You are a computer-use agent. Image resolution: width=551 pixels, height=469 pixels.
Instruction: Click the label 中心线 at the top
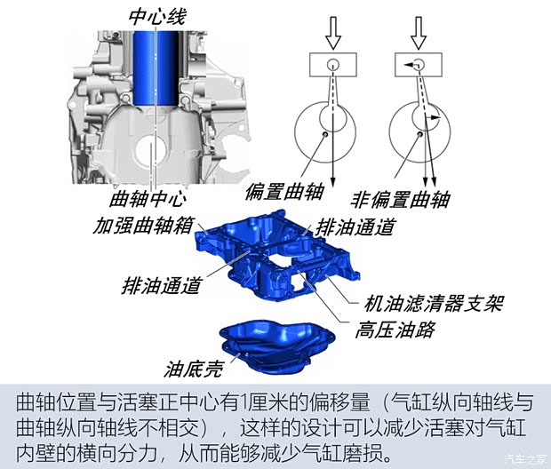pyautogui.click(x=157, y=17)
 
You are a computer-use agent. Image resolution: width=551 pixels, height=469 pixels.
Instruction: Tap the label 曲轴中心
pyautogui.click(x=148, y=198)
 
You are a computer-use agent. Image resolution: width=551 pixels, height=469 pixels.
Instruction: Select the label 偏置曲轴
pyautogui.click(x=284, y=192)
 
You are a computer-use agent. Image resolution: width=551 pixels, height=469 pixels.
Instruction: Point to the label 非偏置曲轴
pyautogui.click(x=400, y=200)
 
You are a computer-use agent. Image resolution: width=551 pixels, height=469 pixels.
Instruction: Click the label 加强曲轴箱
pyautogui.click(x=143, y=226)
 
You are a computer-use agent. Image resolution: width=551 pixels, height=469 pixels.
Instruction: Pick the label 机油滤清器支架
pyautogui.click(x=434, y=304)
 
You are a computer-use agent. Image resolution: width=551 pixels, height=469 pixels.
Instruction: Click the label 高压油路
pyautogui.click(x=395, y=330)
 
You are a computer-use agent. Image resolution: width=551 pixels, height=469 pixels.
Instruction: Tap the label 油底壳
pyautogui.click(x=193, y=369)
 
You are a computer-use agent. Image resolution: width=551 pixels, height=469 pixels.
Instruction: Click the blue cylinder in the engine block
pyautogui.click(x=156, y=68)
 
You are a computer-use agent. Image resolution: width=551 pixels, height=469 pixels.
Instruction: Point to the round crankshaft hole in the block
pyautogui.click(x=151, y=150)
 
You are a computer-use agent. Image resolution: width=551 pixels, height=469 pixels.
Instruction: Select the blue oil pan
pyautogui.click(x=277, y=346)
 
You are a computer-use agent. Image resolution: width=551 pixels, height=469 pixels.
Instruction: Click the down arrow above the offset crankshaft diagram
pyautogui.click(x=332, y=33)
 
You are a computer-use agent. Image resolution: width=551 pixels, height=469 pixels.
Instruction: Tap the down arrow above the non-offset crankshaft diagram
pyautogui.click(x=419, y=33)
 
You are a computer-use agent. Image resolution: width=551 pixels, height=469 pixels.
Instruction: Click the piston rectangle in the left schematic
pyautogui.click(x=332, y=65)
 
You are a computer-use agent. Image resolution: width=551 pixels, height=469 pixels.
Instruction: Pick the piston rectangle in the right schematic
pyautogui.click(x=419, y=65)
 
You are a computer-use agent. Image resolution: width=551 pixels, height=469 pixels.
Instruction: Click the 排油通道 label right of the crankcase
pyautogui.click(x=355, y=227)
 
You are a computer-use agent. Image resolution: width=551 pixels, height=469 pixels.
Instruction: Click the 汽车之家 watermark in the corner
pyautogui.click(x=526, y=459)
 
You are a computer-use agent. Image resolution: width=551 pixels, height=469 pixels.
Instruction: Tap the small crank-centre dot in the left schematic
pyautogui.click(x=325, y=134)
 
